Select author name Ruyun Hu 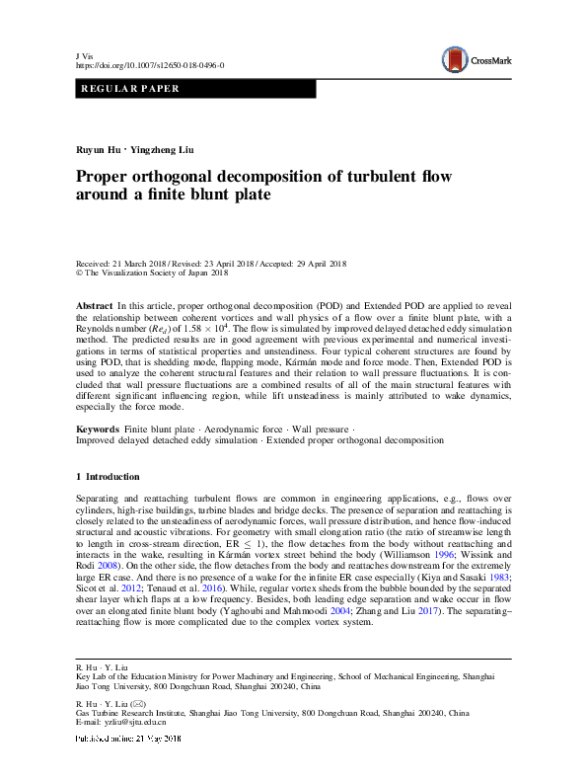(100, 150)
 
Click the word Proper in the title (107, 177)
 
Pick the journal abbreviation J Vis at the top (84, 54)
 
